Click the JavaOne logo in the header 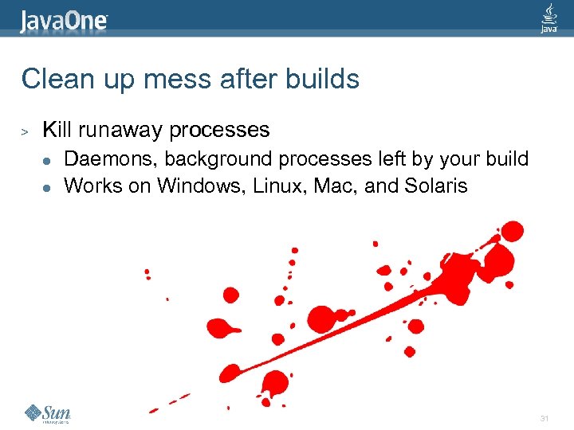[x=65, y=19]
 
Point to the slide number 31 [x=545, y=418]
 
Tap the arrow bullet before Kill [x=25, y=130]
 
